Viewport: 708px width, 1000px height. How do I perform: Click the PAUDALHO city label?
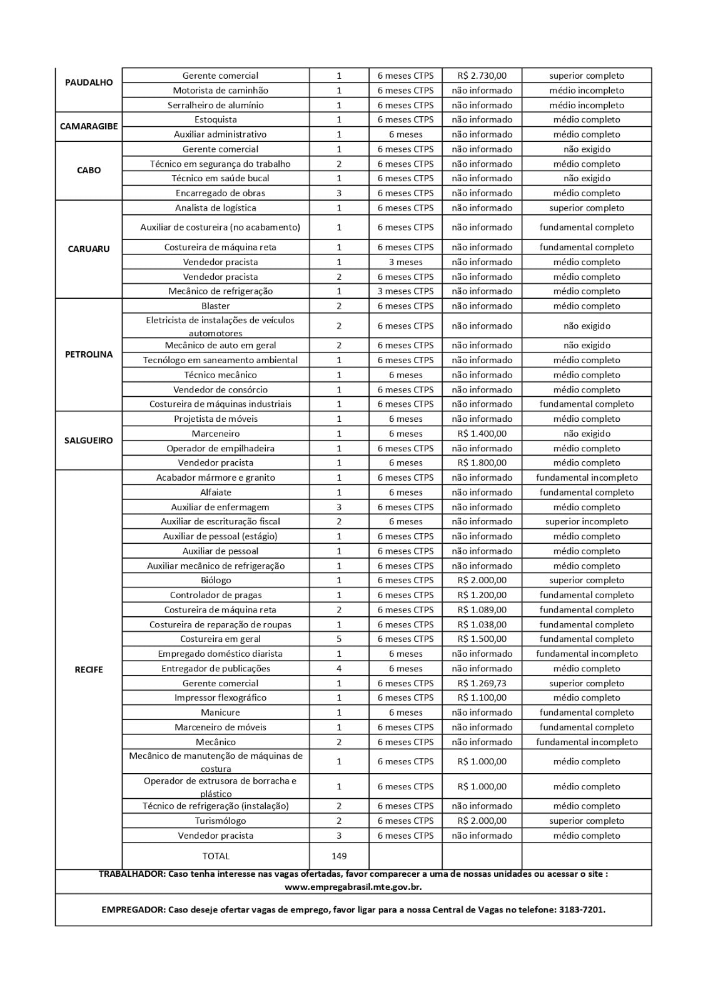point(89,82)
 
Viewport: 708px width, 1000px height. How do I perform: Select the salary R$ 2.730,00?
point(482,76)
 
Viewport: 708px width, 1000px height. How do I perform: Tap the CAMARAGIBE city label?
point(89,126)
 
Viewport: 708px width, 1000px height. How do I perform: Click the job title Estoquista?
point(216,119)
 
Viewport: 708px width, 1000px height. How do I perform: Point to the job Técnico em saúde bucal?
point(220,178)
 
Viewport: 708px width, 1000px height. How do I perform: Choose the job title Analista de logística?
point(216,207)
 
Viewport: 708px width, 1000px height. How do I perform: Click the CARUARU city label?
point(89,249)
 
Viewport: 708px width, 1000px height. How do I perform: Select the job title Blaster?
point(216,306)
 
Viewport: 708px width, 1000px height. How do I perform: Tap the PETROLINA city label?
point(89,354)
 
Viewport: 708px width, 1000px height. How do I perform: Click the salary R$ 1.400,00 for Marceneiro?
point(482,433)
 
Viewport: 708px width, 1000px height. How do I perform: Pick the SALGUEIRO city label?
point(89,440)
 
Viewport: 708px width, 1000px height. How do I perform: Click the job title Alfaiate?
point(216,492)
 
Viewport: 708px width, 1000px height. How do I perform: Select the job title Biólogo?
point(216,580)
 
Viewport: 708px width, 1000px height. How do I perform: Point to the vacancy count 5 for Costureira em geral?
point(339,639)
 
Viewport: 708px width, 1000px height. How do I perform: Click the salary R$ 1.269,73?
point(482,683)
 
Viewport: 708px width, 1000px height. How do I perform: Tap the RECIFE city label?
point(89,669)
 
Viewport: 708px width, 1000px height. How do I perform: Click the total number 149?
point(339,856)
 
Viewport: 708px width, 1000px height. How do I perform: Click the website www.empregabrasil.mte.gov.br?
point(353,887)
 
